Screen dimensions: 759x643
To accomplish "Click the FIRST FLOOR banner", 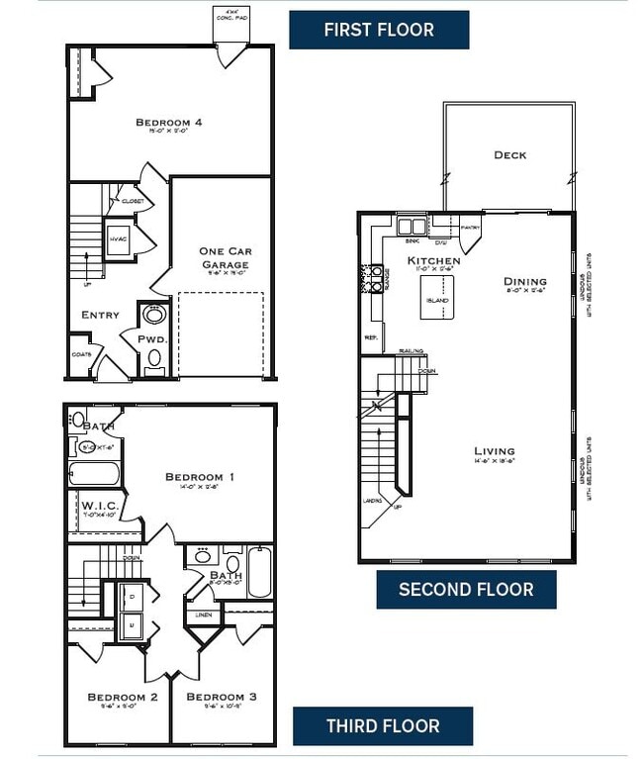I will pyautogui.click(x=379, y=30).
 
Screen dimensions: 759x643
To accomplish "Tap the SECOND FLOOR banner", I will pyautogui.click(x=466, y=590).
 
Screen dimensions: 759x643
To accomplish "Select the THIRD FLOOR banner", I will pyautogui.click(x=383, y=726).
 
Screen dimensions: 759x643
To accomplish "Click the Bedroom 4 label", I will pyautogui.click(x=169, y=123).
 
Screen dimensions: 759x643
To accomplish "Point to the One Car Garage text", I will pyautogui.click(x=225, y=258).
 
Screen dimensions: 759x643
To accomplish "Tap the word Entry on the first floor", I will pyautogui.click(x=100, y=315).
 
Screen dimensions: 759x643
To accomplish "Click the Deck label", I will pyautogui.click(x=509, y=155).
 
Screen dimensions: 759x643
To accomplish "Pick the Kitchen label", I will pyautogui.click(x=433, y=261).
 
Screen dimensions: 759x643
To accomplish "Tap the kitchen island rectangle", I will pyautogui.click(x=436, y=300).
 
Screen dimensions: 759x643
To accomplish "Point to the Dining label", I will pyautogui.click(x=524, y=281).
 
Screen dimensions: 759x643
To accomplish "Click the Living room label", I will pyautogui.click(x=494, y=451).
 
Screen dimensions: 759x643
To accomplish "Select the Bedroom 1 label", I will pyautogui.click(x=199, y=477).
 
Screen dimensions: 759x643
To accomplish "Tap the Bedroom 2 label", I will pyautogui.click(x=122, y=697).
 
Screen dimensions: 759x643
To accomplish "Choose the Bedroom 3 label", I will pyautogui.click(x=222, y=697).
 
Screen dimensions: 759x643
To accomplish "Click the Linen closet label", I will pyautogui.click(x=203, y=616).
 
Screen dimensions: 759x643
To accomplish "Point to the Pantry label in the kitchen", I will pyautogui.click(x=469, y=229).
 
